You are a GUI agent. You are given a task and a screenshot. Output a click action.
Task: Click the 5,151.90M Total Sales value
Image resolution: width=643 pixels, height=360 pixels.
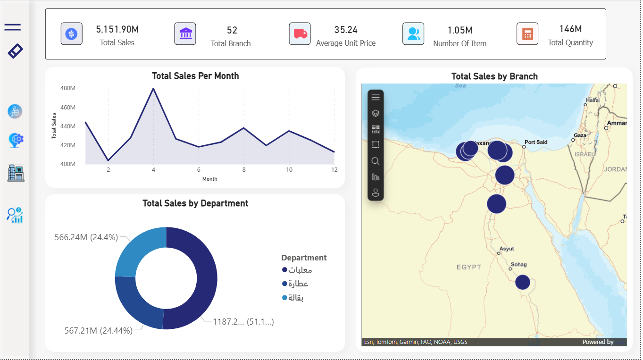[117, 30]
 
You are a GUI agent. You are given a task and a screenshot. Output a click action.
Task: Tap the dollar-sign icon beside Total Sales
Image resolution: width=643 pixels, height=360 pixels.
[71, 34]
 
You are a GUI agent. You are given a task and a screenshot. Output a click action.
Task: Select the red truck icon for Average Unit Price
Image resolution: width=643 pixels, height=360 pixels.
[300, 34]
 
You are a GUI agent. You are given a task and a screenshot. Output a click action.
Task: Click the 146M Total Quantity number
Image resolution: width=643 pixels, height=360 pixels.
[570, 29]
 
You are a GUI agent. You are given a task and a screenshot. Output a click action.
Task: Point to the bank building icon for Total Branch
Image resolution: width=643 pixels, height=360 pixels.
[185, 34]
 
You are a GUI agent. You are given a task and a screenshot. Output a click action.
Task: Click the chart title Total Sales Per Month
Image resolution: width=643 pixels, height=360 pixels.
[195, 76]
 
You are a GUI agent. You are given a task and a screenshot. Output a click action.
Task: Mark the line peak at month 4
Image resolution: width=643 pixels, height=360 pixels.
[153, 89]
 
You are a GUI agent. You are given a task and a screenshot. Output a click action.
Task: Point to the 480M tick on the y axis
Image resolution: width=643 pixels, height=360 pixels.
[68, 88]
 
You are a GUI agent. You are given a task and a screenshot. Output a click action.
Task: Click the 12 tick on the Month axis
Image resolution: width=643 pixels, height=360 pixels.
[334, 170]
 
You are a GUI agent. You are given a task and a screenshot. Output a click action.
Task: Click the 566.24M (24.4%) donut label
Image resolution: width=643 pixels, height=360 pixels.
[86, 237]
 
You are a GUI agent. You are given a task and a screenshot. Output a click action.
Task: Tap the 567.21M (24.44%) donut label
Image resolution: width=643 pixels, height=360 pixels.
[98, 331]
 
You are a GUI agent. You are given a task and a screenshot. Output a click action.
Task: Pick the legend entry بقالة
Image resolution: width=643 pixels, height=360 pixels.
[296, 298]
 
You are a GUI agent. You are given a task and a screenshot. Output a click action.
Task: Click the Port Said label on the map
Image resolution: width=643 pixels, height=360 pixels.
[536, 142]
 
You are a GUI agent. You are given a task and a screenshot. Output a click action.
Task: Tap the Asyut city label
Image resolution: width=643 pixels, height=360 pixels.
[507, 249]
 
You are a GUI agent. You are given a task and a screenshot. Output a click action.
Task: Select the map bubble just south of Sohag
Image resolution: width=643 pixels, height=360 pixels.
[522, 282]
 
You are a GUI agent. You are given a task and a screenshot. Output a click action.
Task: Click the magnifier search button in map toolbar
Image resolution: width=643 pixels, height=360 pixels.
[376, 161]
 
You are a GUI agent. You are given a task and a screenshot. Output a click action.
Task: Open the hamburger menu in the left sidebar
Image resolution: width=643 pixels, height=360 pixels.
[13, 27]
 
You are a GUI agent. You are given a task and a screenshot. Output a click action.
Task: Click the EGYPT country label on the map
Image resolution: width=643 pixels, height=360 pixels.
[468, 267]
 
